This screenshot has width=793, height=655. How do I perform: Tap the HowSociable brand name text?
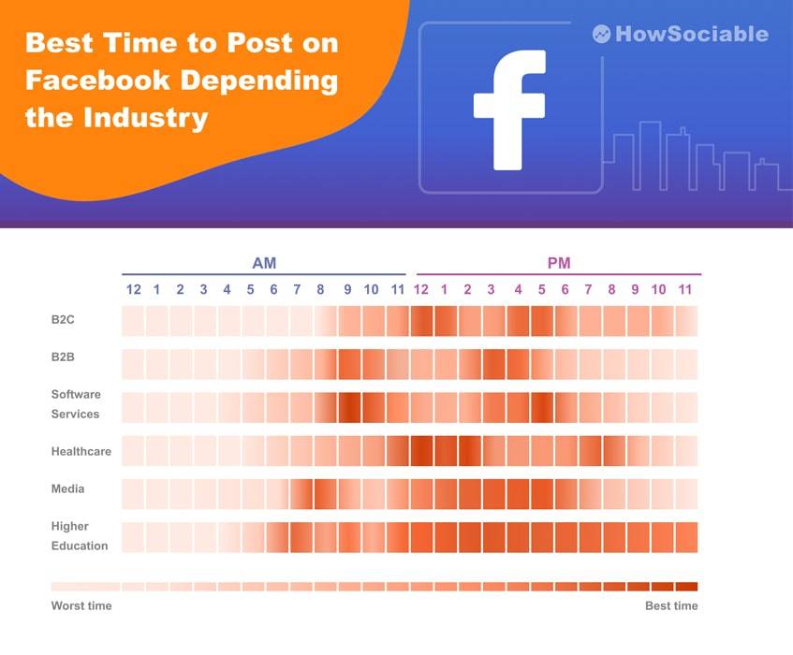tap(691, 35)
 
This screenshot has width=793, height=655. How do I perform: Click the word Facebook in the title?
tap(97, 80)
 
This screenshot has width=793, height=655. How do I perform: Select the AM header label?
tap(264, 263)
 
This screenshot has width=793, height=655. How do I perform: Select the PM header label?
tap(559, 263)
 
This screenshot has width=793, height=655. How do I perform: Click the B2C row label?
tap(63, 320)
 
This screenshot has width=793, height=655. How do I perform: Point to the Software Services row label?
tap(75, 404)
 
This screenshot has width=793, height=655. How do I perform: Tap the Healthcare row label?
tap(81, 451)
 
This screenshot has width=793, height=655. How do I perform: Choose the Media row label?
tap(67, 488)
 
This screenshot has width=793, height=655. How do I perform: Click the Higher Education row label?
tap(79, 536)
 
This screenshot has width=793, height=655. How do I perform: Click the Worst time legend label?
tap(81, 605)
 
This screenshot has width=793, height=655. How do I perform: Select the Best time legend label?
tap(671, 605)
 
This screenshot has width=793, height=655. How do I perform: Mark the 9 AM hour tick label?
tap(347, 290)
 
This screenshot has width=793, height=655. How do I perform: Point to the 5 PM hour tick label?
tap(541, 290)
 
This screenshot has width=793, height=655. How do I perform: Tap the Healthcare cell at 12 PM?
tap(421, 450)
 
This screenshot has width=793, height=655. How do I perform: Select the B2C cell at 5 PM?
tap(541, 321)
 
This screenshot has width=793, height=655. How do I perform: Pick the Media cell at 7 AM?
tap(301, 493)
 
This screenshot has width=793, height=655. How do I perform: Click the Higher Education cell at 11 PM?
tap(685, 537)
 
